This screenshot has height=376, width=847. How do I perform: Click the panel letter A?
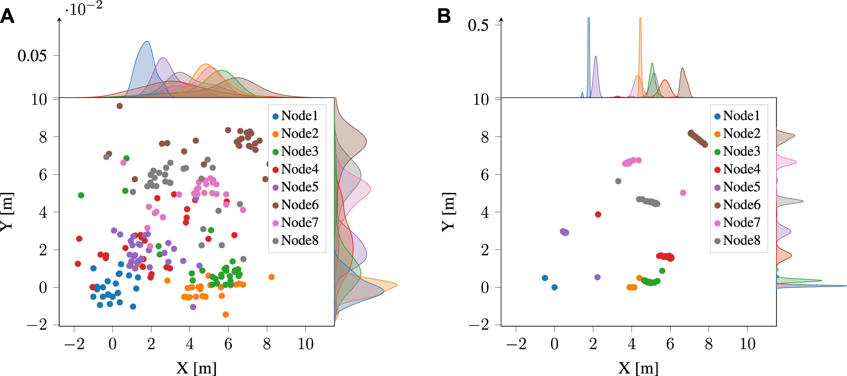tap(7, 16)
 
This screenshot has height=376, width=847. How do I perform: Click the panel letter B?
tap(444, 16)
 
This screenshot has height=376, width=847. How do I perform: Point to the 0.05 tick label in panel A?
tap(32, 55)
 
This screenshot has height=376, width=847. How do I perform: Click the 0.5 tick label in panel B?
tap(478, 25)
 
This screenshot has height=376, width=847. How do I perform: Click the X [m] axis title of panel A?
tap(196, 368)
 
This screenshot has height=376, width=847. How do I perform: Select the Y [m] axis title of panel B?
tap(448, 211)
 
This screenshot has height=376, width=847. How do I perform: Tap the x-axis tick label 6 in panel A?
tap(228, 344)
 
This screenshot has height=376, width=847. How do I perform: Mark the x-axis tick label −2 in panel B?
tap(516, 344)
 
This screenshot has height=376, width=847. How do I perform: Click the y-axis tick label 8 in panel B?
tap(484, 137)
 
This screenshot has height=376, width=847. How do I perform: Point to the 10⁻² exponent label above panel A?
tap(84, 8)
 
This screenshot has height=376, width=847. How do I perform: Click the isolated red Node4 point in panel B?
tap(598, 214)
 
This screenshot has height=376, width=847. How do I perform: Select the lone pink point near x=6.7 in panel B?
tap(683, 193)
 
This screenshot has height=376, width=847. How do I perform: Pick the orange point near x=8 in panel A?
tap(271, 277)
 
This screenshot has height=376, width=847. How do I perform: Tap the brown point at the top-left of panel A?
tap(120, 106)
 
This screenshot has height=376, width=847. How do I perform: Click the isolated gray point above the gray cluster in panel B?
tap(618, 181)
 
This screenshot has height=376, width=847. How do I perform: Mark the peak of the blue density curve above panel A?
tap(146, 41)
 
